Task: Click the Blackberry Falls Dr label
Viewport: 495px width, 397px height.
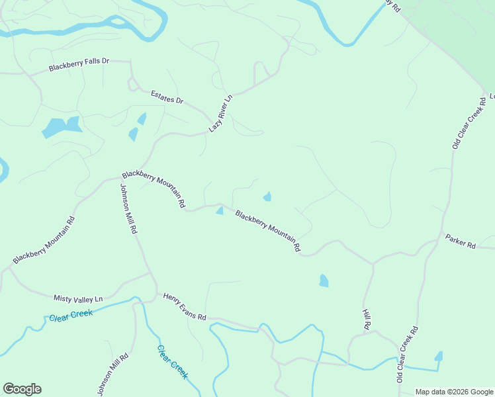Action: coord(79,65)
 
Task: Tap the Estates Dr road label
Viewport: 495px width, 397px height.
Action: coord(166,97)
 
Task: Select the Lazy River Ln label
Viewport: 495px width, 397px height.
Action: coord(221,114)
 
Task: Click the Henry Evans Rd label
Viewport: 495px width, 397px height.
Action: coord(185,308)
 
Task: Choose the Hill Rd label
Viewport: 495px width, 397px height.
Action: coord(366,318)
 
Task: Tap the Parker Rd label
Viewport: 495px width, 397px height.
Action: coord(460,241)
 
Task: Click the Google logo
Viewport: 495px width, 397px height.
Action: coord(22,389)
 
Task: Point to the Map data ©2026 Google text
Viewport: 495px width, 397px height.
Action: coord(453,392)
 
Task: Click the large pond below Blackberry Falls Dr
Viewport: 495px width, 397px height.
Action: coord(61,126)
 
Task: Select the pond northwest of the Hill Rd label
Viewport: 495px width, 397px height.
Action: coord(323,281)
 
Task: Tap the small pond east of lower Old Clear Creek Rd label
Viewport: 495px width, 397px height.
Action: coord(438,356)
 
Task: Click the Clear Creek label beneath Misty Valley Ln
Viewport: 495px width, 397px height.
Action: coord(71,315)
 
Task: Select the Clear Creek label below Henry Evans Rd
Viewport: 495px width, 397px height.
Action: coord(173,362)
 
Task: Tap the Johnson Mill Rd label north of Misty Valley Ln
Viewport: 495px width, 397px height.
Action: coord(128,208)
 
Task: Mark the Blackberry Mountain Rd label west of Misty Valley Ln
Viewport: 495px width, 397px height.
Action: coord(44,238)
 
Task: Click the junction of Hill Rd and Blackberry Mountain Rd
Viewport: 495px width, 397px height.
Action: coord(373,264)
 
